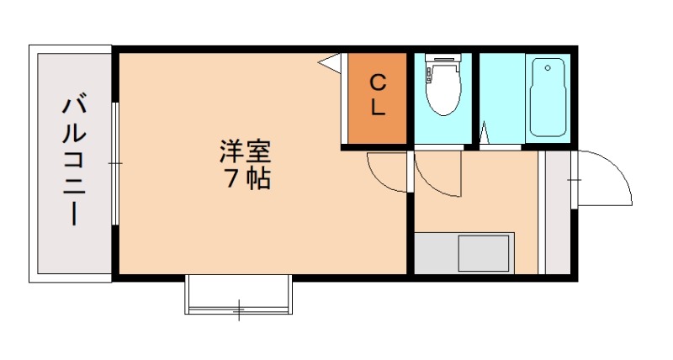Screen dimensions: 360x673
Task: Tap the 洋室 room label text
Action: (x=245, y=153)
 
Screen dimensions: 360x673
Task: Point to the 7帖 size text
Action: (x=245, y=178)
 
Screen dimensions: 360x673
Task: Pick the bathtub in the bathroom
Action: (x=549, y=99)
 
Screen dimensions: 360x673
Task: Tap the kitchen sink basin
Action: (x=484, y=253)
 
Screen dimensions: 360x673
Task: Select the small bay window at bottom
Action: (x=238, y=296)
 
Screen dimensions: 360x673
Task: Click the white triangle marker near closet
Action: (x=330, y=61)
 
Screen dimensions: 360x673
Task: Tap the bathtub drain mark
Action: (x=548, y=67)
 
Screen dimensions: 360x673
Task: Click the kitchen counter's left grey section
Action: (x=436, y=253)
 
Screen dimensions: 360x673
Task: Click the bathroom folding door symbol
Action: (x=486, y=135)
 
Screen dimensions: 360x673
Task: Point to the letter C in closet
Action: (x=378, y=82)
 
